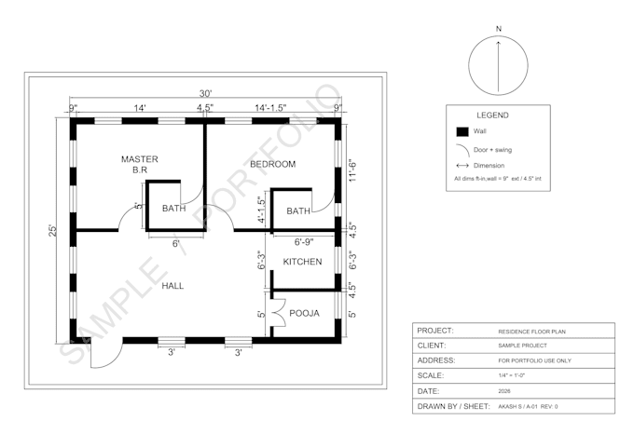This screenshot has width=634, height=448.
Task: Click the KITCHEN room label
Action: pyautogui.click(x=302, y=262)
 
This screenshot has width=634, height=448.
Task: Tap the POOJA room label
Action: pyautogui.click(x=305, y=314)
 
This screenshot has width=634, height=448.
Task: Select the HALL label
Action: pyautogui.click(x=172, y=286)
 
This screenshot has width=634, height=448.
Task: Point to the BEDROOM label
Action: pyautogui.click(x=273, y=164)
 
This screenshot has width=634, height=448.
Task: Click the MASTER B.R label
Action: pyautogui.click(x=140, y=165)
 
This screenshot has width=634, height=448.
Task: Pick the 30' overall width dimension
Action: pyautogui.click(x=205, y=94)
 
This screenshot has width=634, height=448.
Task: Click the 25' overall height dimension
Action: pyautogui.click(x=52, y=230)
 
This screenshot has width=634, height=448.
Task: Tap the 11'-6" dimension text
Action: pyautogui.click(x=352, y=171)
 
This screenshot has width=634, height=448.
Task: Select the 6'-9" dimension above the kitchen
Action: pyautogui.click(x=304, y=242)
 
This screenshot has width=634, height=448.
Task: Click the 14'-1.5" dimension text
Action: pyautogui.click(x=270, y=108)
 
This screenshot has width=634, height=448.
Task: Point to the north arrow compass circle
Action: pyautogui.click(x=498, y=36)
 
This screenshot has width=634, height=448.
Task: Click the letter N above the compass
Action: pyautogui.click(x=499, y=29)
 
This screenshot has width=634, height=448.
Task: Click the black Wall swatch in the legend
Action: pyautogui.click(x=462, y=131)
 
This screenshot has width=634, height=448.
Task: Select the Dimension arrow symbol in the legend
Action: pyautogui.click(x=462, y=165)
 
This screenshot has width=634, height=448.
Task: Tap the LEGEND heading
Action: pyautogui.click(x=492, y=115)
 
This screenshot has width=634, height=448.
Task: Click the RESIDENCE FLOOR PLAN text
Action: pyautogui.click(x=531, y=332)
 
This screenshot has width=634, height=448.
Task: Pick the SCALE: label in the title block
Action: pyautogui.click(x=430, y=375)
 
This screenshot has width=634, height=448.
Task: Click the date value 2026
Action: pyautogui.click(x=504, y=391)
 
